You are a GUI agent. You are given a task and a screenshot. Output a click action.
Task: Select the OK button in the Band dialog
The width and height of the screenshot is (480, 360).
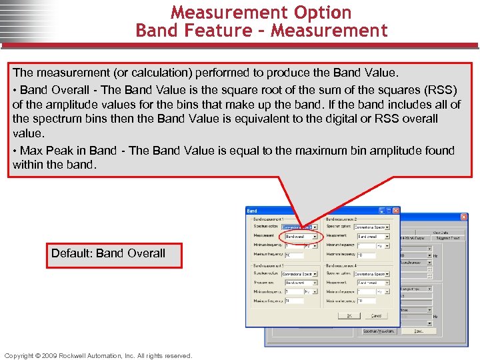click(349, 315)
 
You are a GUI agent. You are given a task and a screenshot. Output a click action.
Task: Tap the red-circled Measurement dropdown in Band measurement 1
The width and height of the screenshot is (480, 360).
click(301, 236)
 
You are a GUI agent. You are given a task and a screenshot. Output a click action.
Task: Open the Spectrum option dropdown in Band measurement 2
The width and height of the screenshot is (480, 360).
click(373, 227)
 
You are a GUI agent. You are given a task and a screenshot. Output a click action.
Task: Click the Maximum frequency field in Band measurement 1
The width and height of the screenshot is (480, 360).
click(293, 255)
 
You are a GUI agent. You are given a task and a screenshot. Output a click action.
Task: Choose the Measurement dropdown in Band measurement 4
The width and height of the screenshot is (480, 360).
click(373, 283)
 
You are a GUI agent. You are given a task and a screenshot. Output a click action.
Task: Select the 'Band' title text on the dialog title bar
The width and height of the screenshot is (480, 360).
click(252, 211)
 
